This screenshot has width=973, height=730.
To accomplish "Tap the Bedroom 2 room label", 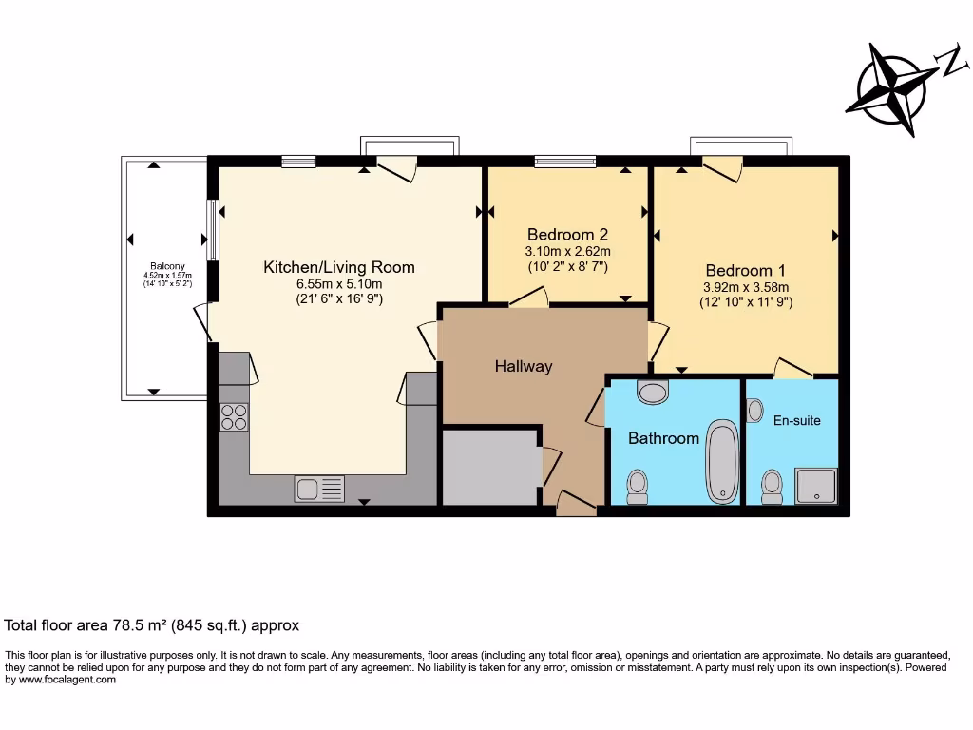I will [x=567, y=235].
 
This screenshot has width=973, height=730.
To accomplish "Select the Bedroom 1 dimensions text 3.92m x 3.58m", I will [x=746, y=286].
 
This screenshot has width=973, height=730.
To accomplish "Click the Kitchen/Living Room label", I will [x=338, y=267].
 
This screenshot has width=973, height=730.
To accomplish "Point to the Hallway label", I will [x=523, y=366].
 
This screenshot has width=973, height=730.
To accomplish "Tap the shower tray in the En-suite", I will [x=816, y=486].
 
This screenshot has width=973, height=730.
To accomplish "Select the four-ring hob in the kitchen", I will [x=234, y=416].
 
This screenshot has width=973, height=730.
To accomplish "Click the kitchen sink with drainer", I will [x=319, y=489].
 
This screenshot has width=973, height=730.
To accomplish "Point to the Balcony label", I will [x=166, y=266].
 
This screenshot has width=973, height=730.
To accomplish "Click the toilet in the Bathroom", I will [x=638, y=486].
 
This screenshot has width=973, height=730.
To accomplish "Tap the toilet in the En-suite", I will [x=772, y=486].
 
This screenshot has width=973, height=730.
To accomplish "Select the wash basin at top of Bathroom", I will [x=653, y=392].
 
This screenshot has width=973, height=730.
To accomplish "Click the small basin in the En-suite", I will [x=755, y=411].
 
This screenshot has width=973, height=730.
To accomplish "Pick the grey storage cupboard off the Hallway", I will [x=489, y=467].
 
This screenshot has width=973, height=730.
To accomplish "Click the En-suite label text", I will [x=796, y=419].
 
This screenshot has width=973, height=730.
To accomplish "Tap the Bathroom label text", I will [x=663, y=438].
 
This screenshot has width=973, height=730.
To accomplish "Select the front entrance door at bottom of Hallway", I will [x=576, y=505].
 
